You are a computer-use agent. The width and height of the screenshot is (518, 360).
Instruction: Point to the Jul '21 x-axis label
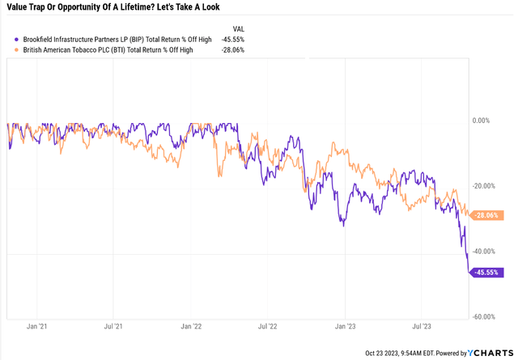(x=114, y=328)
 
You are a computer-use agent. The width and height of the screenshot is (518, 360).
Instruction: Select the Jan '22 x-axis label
(x=191, y=328)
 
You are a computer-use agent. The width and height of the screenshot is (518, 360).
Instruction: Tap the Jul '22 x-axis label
(x=267, y=328)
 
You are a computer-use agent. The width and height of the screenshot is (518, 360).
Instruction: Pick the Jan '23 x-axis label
(x=344, y=328)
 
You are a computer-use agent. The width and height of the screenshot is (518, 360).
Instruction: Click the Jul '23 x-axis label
(x=420, y=328)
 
